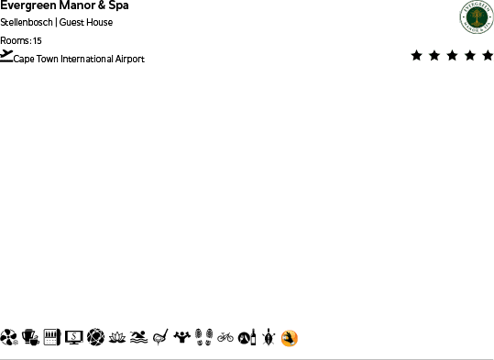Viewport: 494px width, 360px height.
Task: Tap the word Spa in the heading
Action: click(117, 6)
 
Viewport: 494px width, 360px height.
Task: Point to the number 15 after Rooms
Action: click(37, 41)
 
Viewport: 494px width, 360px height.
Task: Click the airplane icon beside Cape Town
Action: click(7, 56)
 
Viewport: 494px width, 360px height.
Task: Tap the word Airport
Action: click(130, 60)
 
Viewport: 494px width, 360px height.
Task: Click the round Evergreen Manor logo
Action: click(476, 17)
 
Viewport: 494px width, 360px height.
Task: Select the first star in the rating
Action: click(417, 56)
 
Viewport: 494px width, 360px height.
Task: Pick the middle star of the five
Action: click(450, 56)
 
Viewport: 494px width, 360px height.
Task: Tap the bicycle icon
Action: click(225, 337)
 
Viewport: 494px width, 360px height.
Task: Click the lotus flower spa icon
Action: click(117, 337)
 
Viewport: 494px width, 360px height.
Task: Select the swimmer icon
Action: click(138, 337)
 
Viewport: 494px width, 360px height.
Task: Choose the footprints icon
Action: click(203, 337)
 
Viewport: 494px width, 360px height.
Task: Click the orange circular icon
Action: click(290, 338)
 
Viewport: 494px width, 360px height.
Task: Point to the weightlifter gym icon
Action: click(182, 337)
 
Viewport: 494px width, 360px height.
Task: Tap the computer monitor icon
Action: click(74, 337)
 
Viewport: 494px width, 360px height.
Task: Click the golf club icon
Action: click(160, 337)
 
